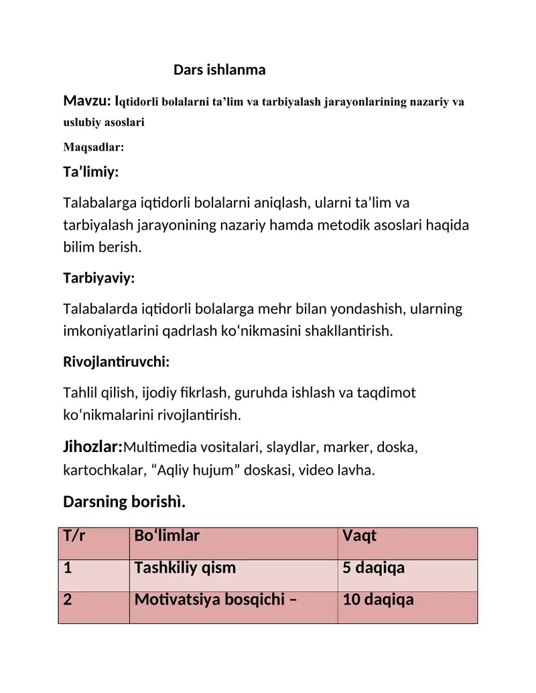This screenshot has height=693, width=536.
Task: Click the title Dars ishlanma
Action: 220,70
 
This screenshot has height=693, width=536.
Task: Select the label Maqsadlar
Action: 94,147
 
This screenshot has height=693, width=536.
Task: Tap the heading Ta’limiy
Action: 90,172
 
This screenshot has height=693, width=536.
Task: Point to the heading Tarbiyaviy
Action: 98,278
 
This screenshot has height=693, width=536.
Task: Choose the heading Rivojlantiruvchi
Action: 116,362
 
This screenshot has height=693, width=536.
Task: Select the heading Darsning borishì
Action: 124,501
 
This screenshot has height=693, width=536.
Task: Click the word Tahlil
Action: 79,393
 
